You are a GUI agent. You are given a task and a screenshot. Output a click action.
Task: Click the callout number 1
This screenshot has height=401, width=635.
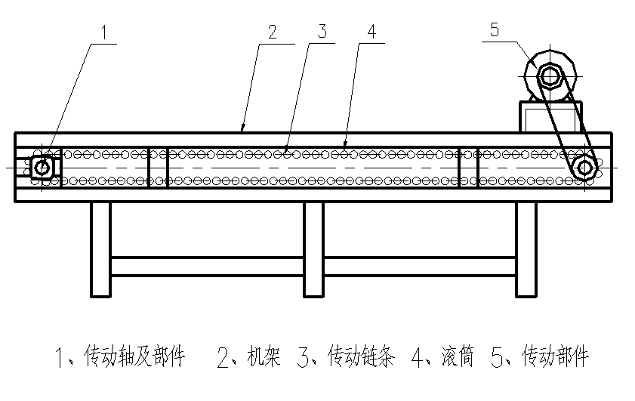pyautogui.click(x=106, y=33)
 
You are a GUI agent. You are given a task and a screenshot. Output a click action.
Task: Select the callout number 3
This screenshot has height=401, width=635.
pyautogui.click(x=322, y=32)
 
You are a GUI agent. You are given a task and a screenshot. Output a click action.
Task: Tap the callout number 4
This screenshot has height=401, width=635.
pyautogui.click(x=371, y=32)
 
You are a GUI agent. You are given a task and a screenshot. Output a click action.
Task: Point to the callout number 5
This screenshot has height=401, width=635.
pyautogui.click(x=495, y=30)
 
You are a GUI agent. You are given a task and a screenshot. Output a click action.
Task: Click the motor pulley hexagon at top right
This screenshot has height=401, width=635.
pyautogui.click(x=550, y=76)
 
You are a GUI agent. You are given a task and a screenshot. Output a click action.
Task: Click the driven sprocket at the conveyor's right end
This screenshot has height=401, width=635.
pyautogui.click(x=584, y=167)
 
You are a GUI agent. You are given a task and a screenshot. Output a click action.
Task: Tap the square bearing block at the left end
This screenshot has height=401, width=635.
pyautogui.click(x=42, y=167)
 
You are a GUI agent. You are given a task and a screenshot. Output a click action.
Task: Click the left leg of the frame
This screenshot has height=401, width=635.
pyautogui.click(x=101, y=249)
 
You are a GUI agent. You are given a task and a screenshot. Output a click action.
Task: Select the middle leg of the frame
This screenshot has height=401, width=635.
pyautogui.click(x=314, y=249)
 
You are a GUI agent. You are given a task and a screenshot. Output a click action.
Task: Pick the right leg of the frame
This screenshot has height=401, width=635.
pyautogui.click(x=526, y=249)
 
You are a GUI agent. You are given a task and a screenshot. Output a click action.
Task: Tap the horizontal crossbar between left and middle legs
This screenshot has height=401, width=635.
pyautogui.click(x=208, y=266)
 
